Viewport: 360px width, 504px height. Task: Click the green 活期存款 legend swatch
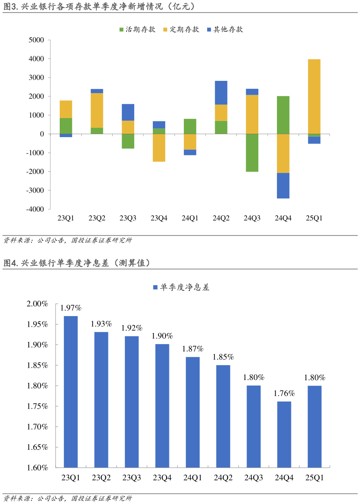click(x=122, y=30)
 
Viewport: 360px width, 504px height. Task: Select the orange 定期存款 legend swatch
click(x=165, y=30)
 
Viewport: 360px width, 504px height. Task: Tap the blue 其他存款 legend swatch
click(x=209, y=30)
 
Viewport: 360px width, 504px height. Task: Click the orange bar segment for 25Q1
click(x=314, y=96)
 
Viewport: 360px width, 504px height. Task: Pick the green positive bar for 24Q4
click(x=283, y=115)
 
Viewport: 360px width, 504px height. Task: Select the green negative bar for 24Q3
click(x=252, y=153)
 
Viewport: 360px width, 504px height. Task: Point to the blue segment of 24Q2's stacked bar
click(x=221, y=93)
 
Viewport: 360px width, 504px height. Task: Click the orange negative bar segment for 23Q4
click(x=159, y=148)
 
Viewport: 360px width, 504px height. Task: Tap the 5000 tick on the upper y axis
click(x=36, y=40)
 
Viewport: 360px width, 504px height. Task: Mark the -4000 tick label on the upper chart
click(x=35, y=209)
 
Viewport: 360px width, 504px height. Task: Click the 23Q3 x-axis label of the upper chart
click(x=128, y=218)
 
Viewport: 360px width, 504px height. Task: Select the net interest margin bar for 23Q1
click(x=71, y=391)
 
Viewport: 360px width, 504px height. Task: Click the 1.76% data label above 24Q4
click(x=284, y=394)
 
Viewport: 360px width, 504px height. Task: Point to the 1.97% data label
click(x=71, y=308)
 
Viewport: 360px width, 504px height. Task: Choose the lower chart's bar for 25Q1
click(x=315, y=427)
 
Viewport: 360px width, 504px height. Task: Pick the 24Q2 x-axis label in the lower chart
click(x=223, y=478)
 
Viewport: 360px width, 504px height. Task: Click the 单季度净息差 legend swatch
click(x=155, y=287)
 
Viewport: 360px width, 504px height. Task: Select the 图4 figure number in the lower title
click(x=9, y=263)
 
